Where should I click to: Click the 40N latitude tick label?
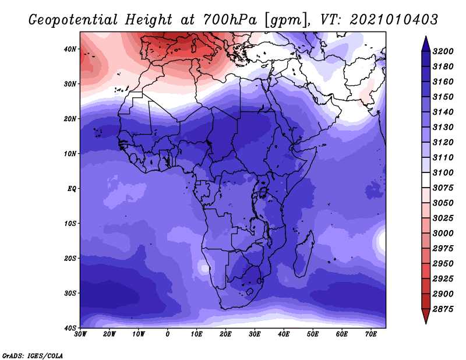(70, 49)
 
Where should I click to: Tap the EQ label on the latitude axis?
(72, 189)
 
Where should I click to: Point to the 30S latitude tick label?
(70, 293)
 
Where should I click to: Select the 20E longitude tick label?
(225, 334)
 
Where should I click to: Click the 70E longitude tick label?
(371, 334)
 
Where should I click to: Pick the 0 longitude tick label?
(168, 334)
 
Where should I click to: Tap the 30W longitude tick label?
(80, 334)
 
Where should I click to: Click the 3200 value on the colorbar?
(443, 51)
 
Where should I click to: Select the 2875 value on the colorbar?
(443, 309)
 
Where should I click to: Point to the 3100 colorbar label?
(443, 172)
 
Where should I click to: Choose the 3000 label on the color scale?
(443, 233)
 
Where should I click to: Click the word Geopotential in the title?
(73, 20)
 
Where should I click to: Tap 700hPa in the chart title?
(230, 20)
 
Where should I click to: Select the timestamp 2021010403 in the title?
(394, 20)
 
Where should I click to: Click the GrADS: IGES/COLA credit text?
(33, 355)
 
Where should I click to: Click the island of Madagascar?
(303, 254)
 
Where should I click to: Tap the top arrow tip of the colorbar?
(426, 37)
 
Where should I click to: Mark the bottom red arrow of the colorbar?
(426, 316)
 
